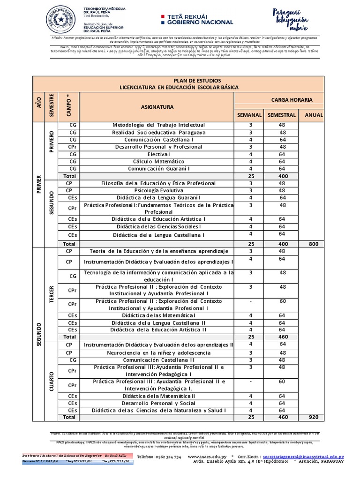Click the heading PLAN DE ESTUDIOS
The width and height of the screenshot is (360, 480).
coord(194,81)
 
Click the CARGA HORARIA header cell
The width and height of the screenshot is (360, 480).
coord(292,99)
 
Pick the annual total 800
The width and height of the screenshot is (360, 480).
coord(314,244)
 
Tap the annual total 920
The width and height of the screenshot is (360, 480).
coord(314,416)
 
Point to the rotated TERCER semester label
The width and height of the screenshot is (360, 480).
coord(52,294)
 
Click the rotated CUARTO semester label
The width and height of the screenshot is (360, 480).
coord(52,381)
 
